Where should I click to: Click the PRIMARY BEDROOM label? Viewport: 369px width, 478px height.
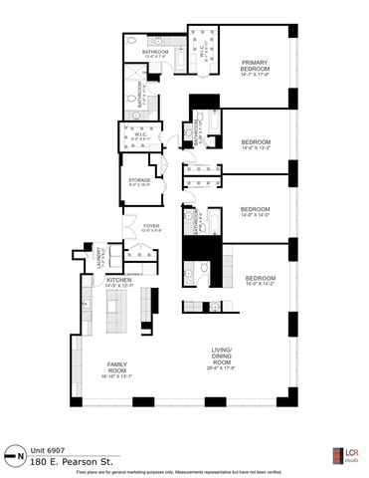point(256,64)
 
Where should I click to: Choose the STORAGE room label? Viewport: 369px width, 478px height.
point(139,180)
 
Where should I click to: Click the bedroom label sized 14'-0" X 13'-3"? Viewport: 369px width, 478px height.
point(256,142)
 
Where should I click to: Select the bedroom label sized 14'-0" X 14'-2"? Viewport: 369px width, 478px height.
point(261,278)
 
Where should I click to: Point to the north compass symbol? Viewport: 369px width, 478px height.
point(12,451)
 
